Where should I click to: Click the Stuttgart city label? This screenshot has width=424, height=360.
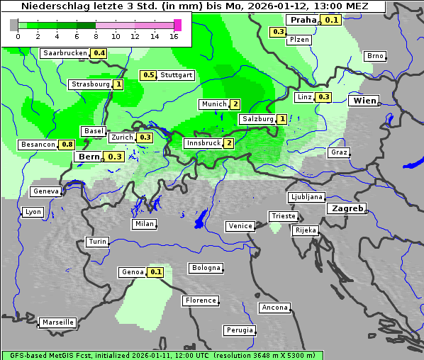(x=177, y=75)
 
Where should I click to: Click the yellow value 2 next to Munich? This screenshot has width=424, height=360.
(x=235, y=104)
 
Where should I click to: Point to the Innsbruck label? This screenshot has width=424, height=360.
(x=202, y=143)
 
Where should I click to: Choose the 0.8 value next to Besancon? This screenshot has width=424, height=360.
(x=67, y=145)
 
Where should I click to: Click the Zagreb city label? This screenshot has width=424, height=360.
(x=346, y=209)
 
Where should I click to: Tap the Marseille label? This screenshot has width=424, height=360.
(x=58, y=322)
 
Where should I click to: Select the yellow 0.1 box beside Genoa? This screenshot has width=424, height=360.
(x=155, y=272)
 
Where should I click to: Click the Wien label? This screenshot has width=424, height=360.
(x=365, y=101)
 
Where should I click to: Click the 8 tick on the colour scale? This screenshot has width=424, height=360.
(x=96, y=35)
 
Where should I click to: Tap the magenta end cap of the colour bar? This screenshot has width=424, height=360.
(x=177, y=25)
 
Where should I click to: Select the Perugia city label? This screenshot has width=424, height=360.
(x=239, y=330)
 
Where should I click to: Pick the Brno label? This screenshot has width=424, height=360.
(x=374, y=56)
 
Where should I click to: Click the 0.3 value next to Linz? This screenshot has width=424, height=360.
(x=323, y=97)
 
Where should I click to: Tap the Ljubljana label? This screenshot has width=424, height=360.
(x=306, y=197)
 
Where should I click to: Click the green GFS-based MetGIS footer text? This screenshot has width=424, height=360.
(x=162, y=355)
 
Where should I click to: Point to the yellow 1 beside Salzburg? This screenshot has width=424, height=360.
(x=281, y=119)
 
